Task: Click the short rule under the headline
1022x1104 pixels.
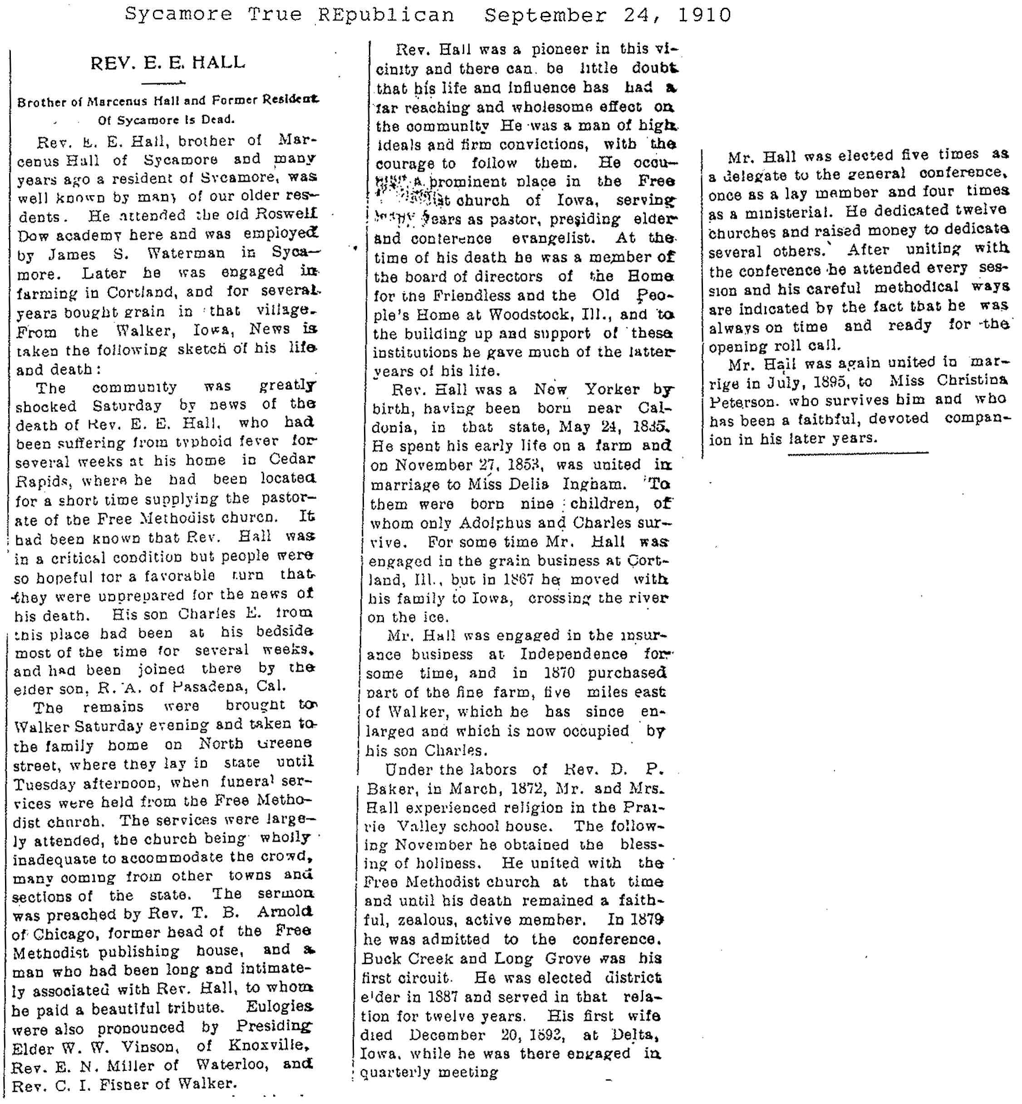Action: [163, 84]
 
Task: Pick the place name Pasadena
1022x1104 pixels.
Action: [210, 686]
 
